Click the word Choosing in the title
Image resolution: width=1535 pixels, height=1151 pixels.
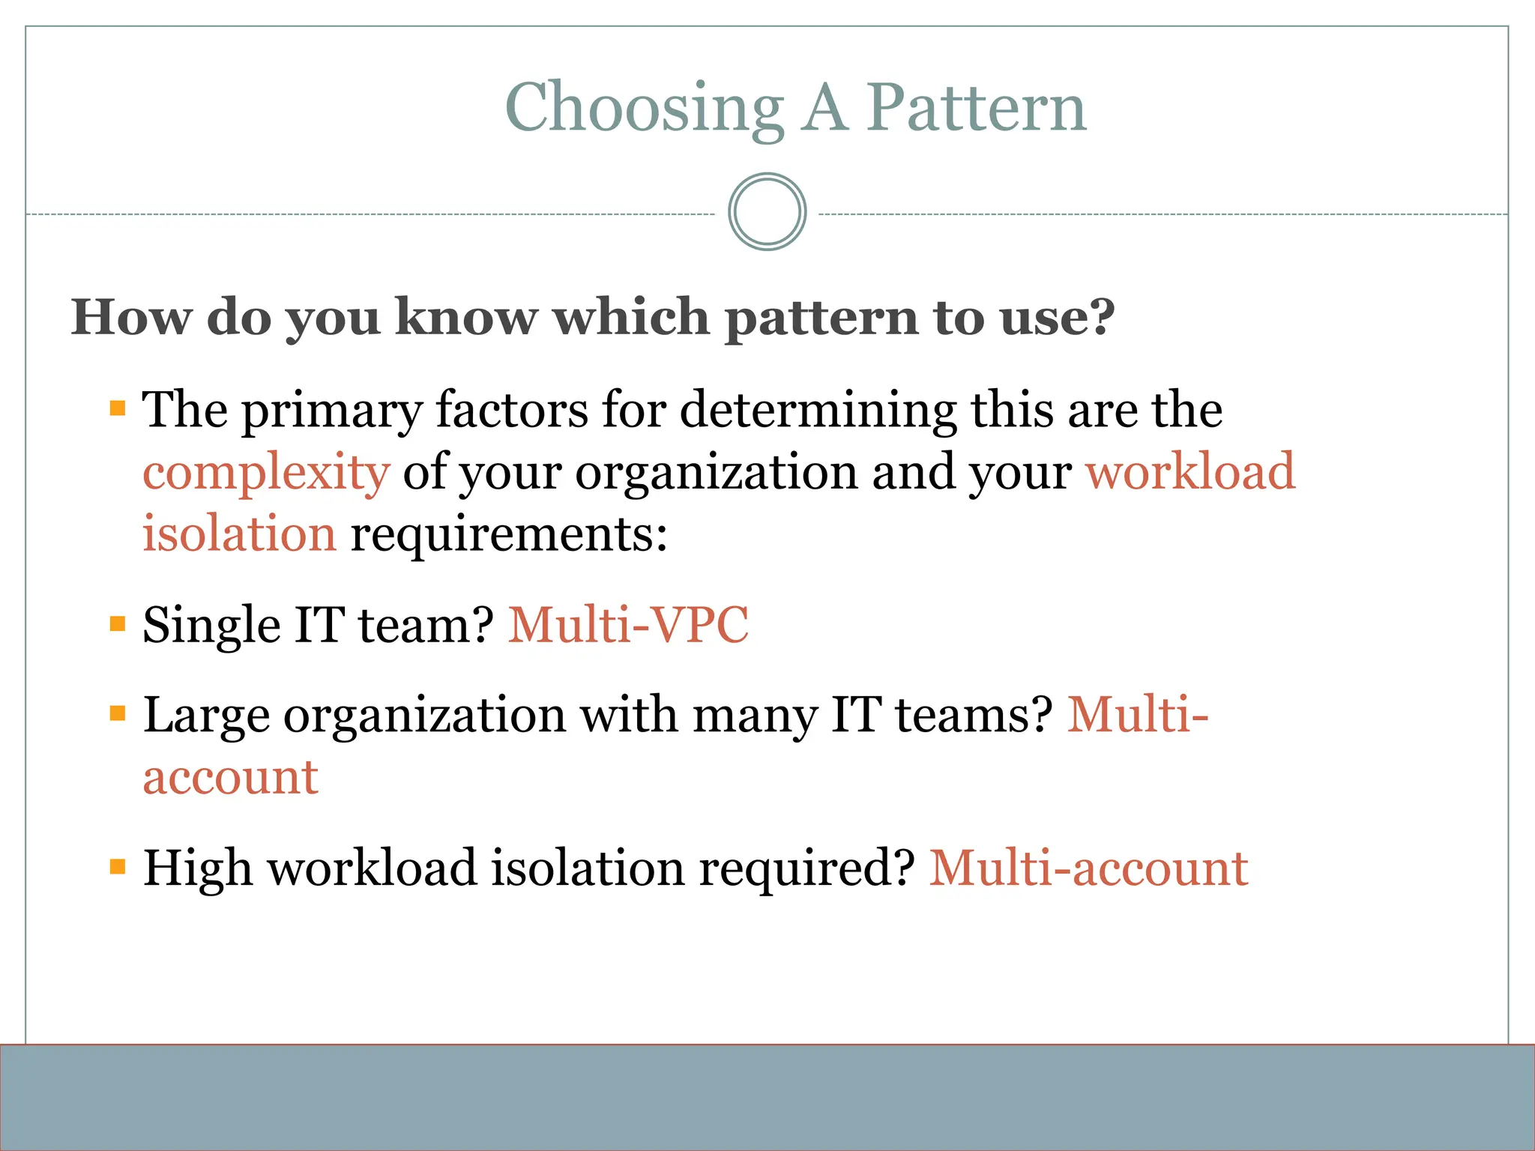(645, 109)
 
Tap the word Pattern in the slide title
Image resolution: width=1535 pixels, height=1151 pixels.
(976, 109)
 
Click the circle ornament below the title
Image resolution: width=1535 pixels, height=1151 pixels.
(767, 212)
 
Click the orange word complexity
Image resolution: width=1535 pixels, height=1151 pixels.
(266, 474)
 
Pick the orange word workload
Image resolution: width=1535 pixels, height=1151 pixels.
(1190, 472)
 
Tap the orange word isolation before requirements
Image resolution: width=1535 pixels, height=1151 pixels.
(239, 534)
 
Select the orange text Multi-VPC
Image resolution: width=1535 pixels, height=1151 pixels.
(628, 625)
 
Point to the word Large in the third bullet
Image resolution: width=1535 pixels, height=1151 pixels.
(205, 716)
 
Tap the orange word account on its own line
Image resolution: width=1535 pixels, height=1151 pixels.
(230, 778)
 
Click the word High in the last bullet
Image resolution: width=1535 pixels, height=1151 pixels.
(197, 869)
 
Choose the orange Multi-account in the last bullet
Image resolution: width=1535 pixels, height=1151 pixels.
(1088, 869)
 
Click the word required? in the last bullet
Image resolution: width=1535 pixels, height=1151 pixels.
(806, 869)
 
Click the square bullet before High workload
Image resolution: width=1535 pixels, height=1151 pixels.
(118, 868)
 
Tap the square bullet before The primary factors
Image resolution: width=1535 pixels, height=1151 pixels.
(118, 408)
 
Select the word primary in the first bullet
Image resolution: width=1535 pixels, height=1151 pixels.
(331, 411)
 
